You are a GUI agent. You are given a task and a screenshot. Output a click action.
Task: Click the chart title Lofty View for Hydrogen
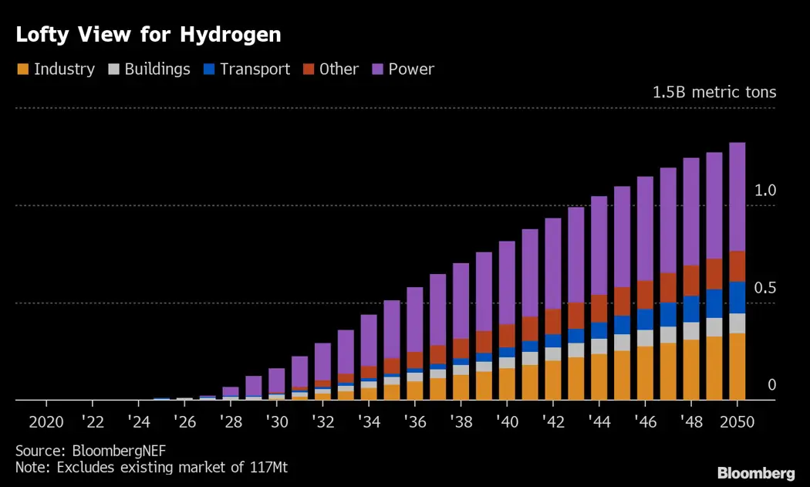pos(147,35)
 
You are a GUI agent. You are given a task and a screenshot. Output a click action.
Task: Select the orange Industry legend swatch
pos(22,69)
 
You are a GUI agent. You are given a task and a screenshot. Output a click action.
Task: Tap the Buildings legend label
pos(157,69)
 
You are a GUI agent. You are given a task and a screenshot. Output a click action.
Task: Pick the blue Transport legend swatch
pos(208,69)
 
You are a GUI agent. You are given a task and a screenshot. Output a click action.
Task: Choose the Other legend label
pos(339,69)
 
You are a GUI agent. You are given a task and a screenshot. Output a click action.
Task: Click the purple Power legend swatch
pos(377,69)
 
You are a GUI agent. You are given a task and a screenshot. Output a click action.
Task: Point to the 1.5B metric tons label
pos(714,93)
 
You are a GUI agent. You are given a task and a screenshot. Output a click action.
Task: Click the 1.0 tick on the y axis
pos(765,191)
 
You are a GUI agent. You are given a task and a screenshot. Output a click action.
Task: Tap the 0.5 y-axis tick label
pos(765,288)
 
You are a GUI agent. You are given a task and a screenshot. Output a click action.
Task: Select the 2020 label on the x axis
pos(46,422)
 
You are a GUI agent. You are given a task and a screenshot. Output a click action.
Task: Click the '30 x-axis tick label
pos(276,422)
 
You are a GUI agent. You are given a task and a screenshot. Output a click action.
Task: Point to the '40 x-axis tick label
pos(506,422)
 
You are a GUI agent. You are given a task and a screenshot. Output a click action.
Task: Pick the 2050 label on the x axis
pos(737,422)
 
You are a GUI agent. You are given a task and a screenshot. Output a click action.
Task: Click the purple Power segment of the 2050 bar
pos(737,197)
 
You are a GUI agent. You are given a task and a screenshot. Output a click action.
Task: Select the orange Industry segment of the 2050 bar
pos(737,367)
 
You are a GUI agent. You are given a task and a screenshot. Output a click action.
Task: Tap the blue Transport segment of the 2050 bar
pos(737,297)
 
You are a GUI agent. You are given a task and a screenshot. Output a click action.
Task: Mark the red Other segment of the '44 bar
pos(599,309)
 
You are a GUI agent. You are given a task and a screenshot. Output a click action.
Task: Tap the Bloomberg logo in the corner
pos(756,473)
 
